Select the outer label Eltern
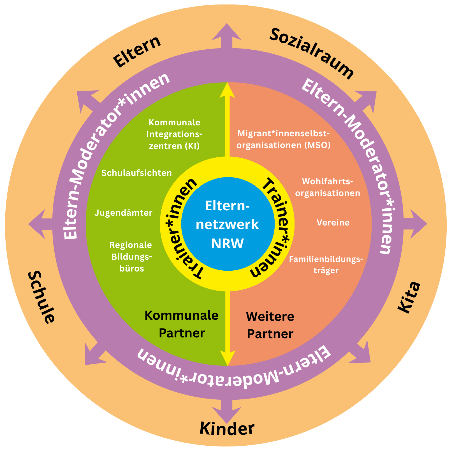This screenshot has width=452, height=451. (x=137, y=52)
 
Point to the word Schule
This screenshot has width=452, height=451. (x=41, y=297)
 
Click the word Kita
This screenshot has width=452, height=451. (x=409, y=297)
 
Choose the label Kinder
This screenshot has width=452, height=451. (x=227, y=428)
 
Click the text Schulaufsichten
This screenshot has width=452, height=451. (x=136, y=173)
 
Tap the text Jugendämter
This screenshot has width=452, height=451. (x=123, y=213)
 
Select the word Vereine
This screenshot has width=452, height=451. (x=333, y=222)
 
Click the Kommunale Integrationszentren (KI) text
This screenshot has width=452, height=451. (x=174, y=134)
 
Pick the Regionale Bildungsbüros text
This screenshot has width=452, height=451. (x=131, y=257)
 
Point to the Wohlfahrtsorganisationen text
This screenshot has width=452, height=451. (x=328, y=187)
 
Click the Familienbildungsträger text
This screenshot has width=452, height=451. (x=326, y=264)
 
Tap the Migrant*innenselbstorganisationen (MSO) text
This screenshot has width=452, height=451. (x=284, y=139)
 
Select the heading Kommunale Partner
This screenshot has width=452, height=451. (x=182, y=324)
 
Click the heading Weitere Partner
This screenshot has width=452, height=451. (x=270, y=325)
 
